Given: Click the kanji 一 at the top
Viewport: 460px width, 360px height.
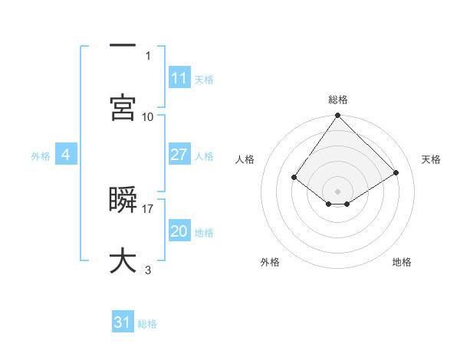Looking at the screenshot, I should [x=123, y=46].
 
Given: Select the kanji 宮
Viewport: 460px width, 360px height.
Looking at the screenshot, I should [x=123, y=106].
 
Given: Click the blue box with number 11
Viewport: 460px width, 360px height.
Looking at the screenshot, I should [x=179, y=78].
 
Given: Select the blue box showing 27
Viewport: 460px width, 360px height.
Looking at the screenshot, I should [x=179, y=155].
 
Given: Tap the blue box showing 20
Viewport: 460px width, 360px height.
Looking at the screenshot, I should [x=179, y=231].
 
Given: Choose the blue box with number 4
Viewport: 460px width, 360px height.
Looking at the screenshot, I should [x=66, y=155].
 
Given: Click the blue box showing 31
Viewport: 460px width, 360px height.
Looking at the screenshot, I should [x=123, y=322].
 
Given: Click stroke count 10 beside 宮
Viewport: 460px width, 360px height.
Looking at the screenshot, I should [x=148, y=116].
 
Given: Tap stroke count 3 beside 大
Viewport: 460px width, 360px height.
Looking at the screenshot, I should [x=148, y=270].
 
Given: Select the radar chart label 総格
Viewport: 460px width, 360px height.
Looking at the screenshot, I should [x=338, y=100].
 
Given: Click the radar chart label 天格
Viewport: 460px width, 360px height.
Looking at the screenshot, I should [x=432, y=159].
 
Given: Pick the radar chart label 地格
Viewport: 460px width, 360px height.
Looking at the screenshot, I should [x=402, y=263].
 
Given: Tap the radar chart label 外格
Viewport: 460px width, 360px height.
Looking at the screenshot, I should [x=270, y=263].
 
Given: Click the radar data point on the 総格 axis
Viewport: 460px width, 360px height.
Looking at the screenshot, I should [x=338, y=116].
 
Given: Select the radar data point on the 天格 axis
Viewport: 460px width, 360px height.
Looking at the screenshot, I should [x=396, y=173].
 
